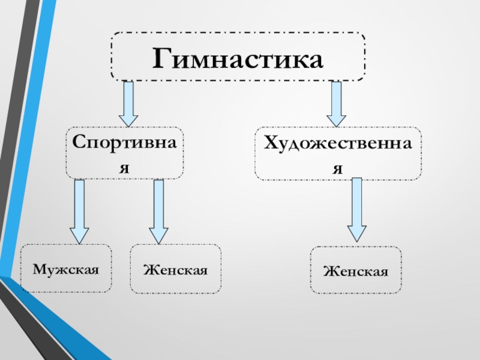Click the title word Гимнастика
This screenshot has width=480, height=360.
pyautogui.click(x=238, y=59)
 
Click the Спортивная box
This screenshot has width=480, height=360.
pyautogui.click(x=125, y=153)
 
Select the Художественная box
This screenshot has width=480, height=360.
pyautogui.click(x=338, y=154)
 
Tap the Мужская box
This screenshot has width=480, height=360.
pyautogui.click(x=65, y=268)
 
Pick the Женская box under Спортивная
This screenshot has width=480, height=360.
pyautogui.click(x=175, y=269)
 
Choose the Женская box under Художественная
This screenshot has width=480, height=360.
pyautogui.click(x=356, y=270)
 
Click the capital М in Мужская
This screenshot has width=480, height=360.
pyautogui.click(x=38, y=269)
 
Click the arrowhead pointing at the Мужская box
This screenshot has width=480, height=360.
pyautogui.click(x=79, y=235)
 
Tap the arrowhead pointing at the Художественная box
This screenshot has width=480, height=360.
pyautogui.click(x=336, y=118)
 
